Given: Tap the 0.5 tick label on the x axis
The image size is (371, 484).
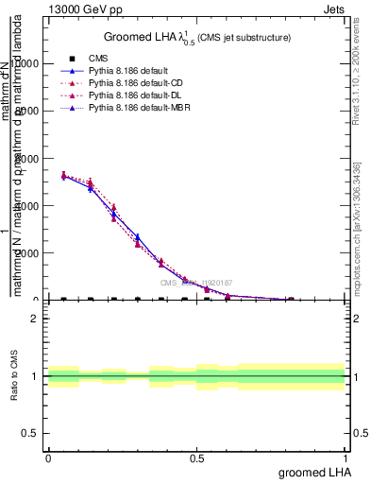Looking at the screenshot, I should click(x=196, y=458).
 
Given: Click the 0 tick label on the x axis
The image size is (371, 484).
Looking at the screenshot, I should click(x=48, y=458).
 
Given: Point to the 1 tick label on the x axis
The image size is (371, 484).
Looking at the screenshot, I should click(x=346, y=458).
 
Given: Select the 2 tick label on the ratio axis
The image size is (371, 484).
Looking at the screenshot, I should click(x=34, y=319).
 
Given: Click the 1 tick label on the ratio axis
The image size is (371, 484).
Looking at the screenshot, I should click(x=34, y=376).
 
